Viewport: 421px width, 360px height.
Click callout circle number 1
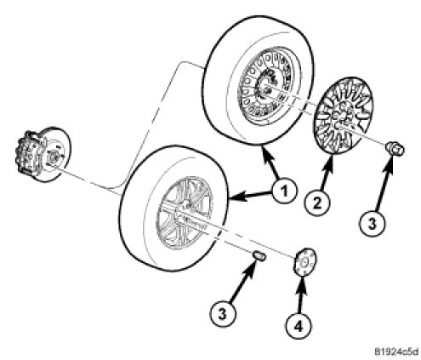click(284, 191)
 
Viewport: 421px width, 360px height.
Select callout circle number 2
click(317, 203)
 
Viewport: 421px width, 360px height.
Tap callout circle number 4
click(299, 326)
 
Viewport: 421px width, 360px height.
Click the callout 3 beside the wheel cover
click(373, 222)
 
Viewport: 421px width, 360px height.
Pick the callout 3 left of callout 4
click(223, 314)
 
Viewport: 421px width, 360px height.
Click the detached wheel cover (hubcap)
click(344, 116)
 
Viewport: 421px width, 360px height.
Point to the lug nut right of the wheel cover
click(395, 149)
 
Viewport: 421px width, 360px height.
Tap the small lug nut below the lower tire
click(259, 255)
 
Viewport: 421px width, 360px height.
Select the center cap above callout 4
click(304, 262)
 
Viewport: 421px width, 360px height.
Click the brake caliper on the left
click(30, 153)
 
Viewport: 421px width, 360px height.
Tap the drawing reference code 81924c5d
click(396, 351)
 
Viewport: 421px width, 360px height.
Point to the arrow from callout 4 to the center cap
click(301, 295)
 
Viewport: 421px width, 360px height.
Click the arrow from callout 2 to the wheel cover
click(326, 173)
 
